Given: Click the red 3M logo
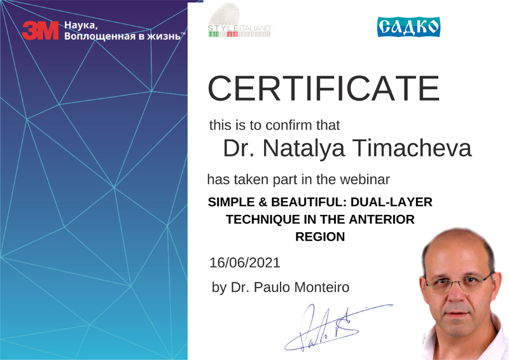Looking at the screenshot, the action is pos(40,30).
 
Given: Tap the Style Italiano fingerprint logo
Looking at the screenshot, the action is pos(240,20).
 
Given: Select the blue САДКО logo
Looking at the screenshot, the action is pos(408,27).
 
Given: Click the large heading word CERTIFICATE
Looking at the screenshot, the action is pos(324,88).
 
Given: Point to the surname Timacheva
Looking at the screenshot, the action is pos(412,148).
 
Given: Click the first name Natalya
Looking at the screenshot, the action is pos(303,149).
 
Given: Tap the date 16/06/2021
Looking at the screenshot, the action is pos(245,263).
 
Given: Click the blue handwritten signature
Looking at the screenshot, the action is pos(338,327).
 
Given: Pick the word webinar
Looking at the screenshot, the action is pos(365,179).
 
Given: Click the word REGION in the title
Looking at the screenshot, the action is pos(320,237).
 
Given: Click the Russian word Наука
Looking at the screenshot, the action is pos(81,25).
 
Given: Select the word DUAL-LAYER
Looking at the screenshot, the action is pos(391,202).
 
